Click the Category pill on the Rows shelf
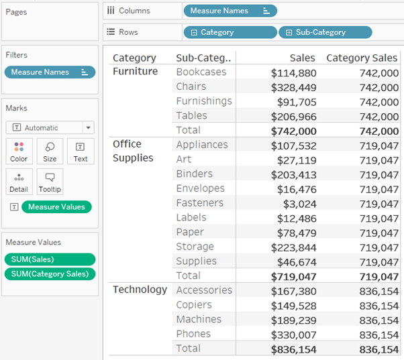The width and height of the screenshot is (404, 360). [x=230, y=32]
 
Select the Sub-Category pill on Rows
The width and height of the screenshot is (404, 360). [x=325, y=32]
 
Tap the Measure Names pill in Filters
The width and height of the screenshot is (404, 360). [x=50, y=72]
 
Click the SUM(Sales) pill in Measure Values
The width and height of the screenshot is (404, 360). [x=50, y=259]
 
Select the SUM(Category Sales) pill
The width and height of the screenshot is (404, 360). [x=50, y=274]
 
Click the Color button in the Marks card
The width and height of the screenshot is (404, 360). [x=19, y=152]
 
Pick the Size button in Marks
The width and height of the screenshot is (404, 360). [x=50, y=152]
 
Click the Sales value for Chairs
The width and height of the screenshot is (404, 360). [x=293, y=87]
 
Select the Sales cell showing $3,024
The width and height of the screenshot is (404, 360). [x=299, y=203]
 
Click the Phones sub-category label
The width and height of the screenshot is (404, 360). [x=193, y=334]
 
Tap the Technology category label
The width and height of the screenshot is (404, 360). [x=140, y=290]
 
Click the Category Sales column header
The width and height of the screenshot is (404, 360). [x=362, y=58]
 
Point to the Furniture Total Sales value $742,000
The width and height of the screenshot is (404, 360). [x=293, y=131]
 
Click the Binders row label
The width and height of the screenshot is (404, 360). [x=195, y=174]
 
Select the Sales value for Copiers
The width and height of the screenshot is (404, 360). [x=293, y=305]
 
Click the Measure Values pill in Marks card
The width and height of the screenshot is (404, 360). [x=56, y=207]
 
